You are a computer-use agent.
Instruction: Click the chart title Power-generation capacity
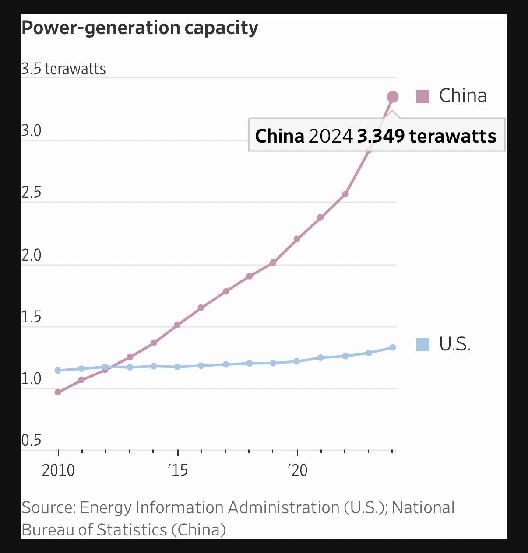(140, 28)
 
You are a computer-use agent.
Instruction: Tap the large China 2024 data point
(393, 97)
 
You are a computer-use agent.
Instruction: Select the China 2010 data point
(58, 392)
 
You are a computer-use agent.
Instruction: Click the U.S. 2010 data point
(58, 370)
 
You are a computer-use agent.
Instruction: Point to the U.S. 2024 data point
(393, 347)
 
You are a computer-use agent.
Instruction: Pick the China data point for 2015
(177, 325)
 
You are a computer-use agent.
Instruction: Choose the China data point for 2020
(297, 239)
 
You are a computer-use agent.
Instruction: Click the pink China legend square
(423, 96)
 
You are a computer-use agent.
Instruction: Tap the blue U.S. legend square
(423, 345)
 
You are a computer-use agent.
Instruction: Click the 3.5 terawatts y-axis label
(63, 69)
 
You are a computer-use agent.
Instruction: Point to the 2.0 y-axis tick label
(32, 255)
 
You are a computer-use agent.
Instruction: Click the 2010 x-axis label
(58, 470)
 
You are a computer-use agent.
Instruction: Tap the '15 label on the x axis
(177, 470)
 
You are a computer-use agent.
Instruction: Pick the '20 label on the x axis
(297, 470)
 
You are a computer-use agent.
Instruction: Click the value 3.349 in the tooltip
(381, 136)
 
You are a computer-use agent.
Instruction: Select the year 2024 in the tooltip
(331, 136)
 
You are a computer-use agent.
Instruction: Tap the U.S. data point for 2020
(297, 361)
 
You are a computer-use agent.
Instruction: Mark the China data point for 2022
(345, 194)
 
